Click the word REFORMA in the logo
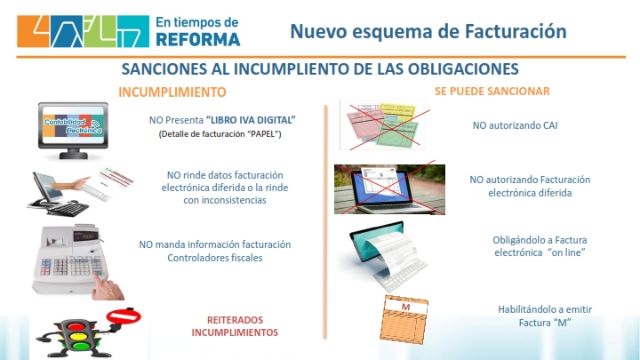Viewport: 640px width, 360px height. (x=198, y=40)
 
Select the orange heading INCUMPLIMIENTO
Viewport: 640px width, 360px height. (x=172, y=92)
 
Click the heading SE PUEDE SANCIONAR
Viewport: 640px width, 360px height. (x=492, y=91)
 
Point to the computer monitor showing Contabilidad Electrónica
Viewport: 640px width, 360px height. (x=73, y=130)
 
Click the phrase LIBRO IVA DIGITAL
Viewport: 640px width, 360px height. (x=251, y=120)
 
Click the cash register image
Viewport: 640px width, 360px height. (x=74, y=260)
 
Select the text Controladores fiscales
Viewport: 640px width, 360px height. (x=215, y=258)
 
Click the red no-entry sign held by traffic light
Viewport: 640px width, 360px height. (x=124, y=316)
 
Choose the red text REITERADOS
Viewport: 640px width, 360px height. (x=235, y=320)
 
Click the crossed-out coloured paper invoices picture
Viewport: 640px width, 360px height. (x=383, y=124)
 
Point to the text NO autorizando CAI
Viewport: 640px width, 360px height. (x=515, y=125)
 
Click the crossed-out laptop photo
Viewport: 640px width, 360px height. (x=390, y=189)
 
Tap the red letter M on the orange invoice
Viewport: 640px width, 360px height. (x=405, y=307)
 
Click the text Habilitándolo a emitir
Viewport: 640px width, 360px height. (x=545, y=309)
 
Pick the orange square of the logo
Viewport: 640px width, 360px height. (x=33, y=31)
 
